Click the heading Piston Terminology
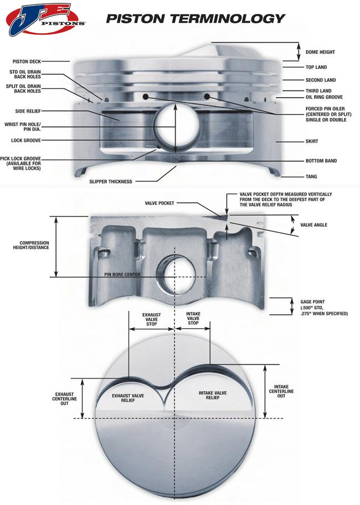[196, 18]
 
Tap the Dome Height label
[320, 52]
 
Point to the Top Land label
[317, 67]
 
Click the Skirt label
[311, 142]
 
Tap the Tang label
[311, 177]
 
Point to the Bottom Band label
[321, 161]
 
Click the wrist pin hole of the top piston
[176, 129]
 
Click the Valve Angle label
[313, 225]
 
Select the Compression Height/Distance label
[34, 245]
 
